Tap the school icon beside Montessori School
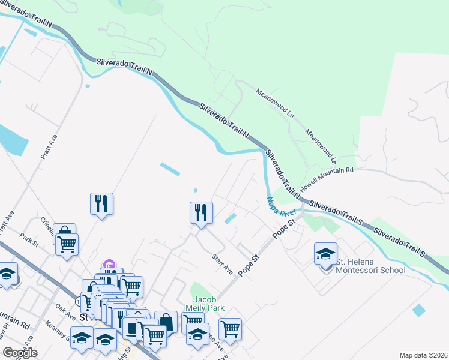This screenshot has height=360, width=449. (325, 254)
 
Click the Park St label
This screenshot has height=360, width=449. (28, 240)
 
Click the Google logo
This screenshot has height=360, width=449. (20, 353)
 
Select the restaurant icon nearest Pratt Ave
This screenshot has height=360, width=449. (101, 203)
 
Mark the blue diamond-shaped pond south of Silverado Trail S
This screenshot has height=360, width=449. (419, 310)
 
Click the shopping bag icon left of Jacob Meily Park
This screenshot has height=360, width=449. (166, 322)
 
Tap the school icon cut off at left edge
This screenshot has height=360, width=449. (7, 275)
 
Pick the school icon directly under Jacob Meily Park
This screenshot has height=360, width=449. (197, 335)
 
